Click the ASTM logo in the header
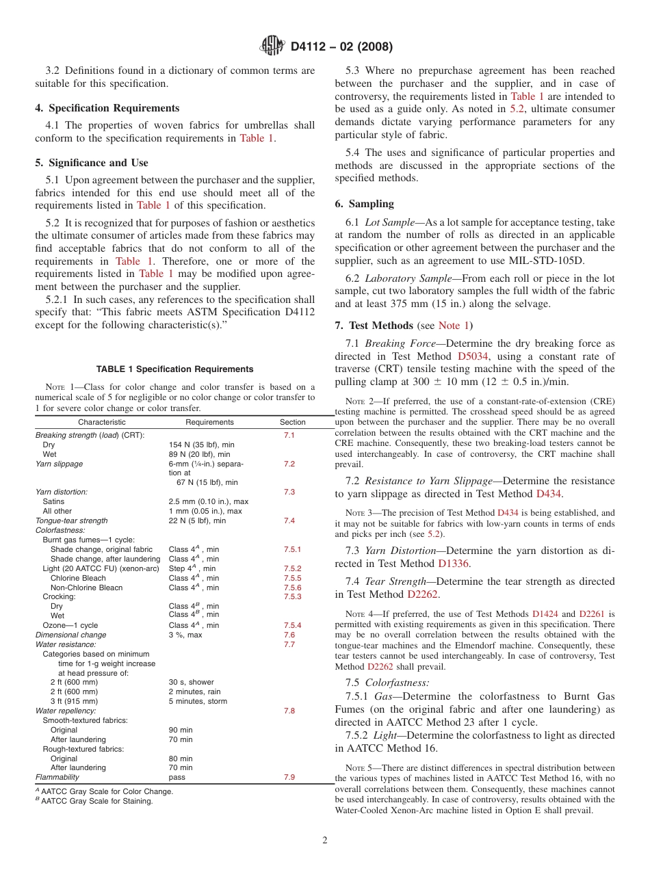tap(273, 47)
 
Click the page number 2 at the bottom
tap(325, 841)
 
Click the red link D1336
tap(454, 564)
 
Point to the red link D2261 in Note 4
tap(593, 614)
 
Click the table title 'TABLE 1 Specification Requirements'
tap(175, 369)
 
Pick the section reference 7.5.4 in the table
tap(292, 625)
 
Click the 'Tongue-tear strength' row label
tap(71, 520)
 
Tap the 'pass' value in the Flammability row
tap(177, 777)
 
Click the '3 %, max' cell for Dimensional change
tap(185, 635)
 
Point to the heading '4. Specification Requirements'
tap(107, 108)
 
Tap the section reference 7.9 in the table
tap(289, 777)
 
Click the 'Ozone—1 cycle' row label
tap(70, 625)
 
